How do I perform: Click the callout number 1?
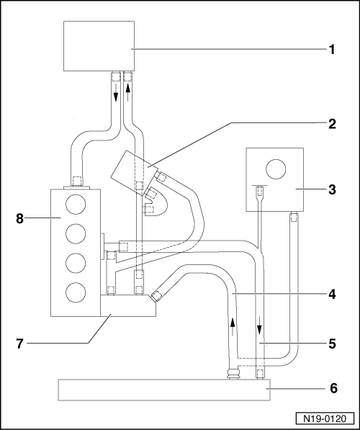click(x=332, y=50)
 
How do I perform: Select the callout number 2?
click(x=332, y=124)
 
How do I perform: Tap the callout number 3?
click(x=332, y=189)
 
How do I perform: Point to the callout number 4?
click(x=332, y=295)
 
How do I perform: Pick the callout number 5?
click(x=332, y=344)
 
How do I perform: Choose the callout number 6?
click(x=333, y=388)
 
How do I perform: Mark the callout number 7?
click(x=19, y=344)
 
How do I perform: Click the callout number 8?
click(x=19, y=219)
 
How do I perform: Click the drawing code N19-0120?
click(x=325, y=418)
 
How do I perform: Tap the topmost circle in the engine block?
click(x=76, y=205)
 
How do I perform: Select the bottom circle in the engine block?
click(x=76, y=292)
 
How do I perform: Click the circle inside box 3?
click(x=276, y=169)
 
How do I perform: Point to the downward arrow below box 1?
click(x=116, y=93)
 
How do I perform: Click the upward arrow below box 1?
click(x=127, y=93)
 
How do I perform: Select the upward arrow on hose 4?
click(x=233, y=326)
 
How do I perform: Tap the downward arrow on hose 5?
click(x=259, y=325)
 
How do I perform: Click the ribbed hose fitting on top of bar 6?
click(x=233, y=374)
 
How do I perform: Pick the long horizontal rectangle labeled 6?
click(x=164, y=390)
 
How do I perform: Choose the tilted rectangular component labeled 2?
click(x=134, y=173)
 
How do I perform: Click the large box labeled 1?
click(x=99, y=46)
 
